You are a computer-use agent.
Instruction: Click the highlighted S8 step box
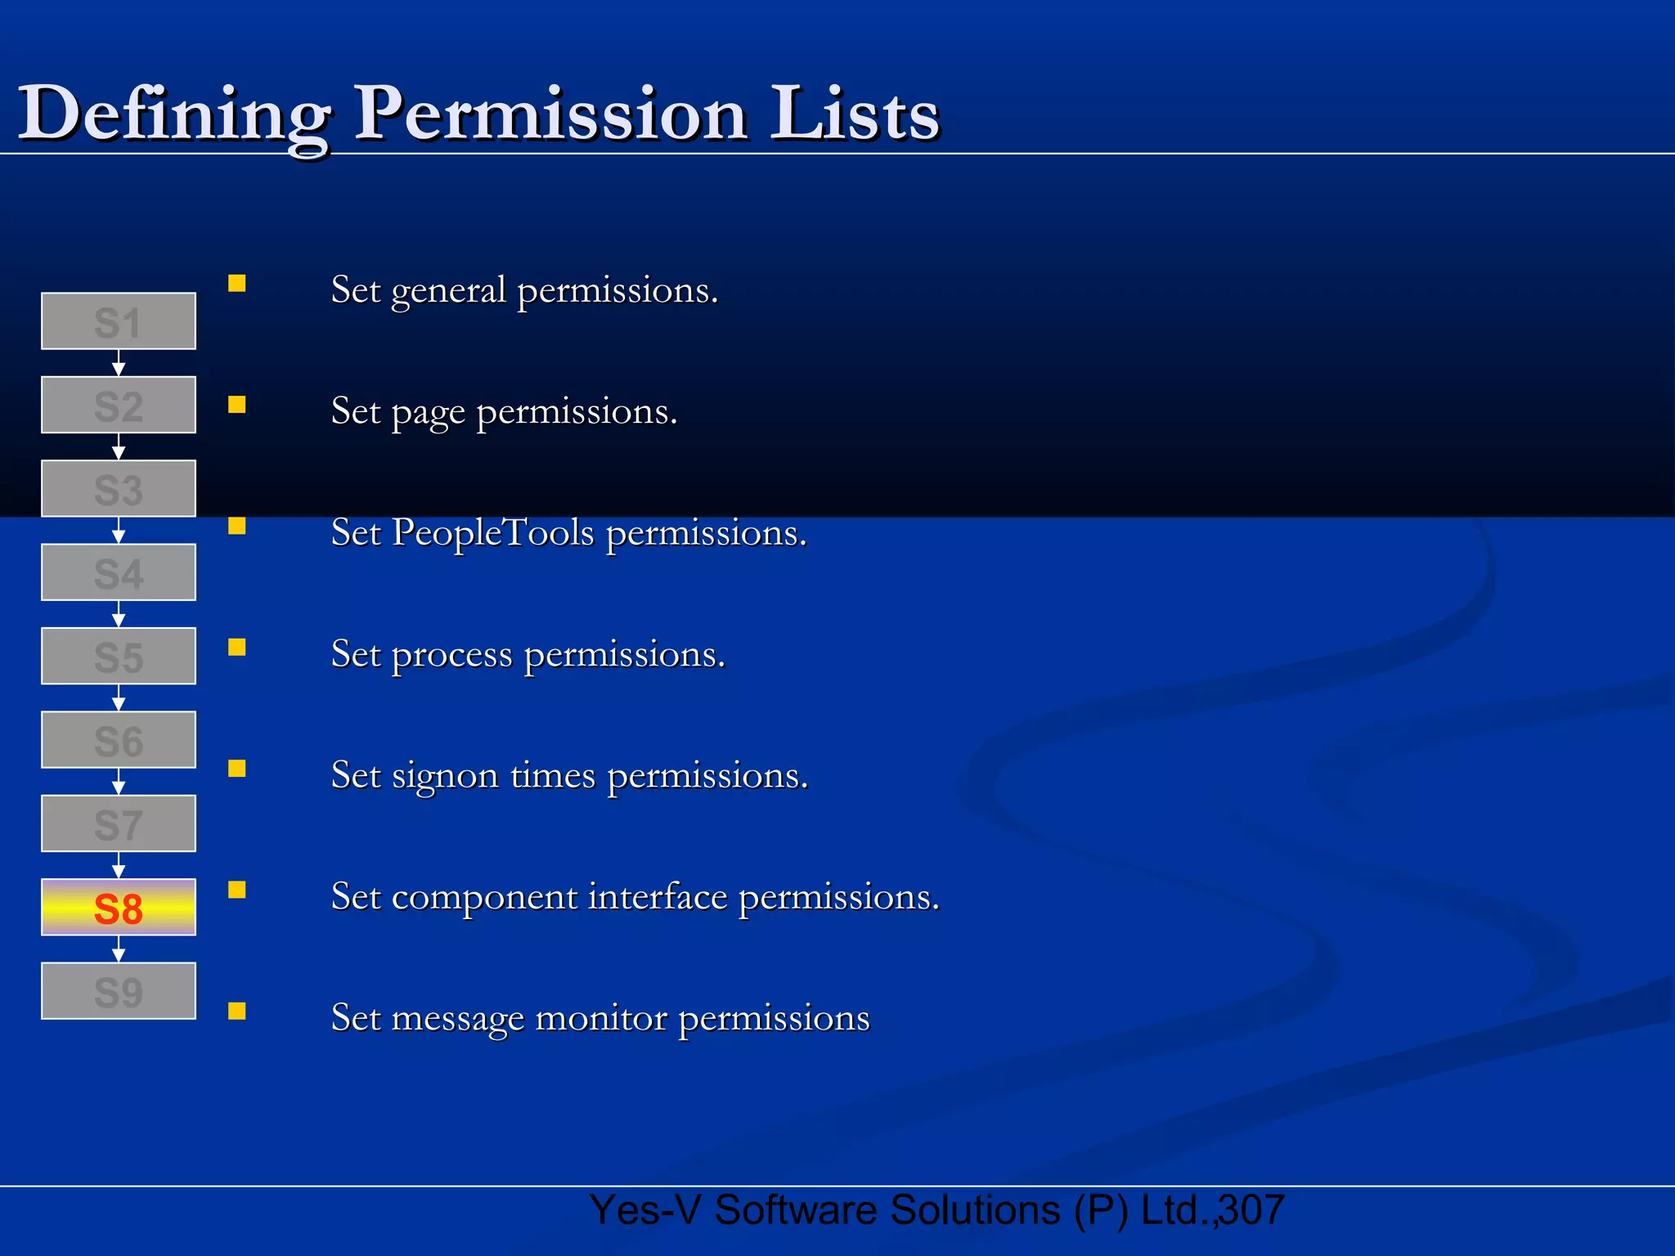(119, 908)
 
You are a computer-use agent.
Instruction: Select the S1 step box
(119, 321)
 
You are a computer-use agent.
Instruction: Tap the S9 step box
(119, 991)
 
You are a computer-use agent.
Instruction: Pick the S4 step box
(119, 572)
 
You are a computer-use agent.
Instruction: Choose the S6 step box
(119, 740)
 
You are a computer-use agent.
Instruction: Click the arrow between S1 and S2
(119, 363)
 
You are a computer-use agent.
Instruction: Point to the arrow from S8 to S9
(119, 949)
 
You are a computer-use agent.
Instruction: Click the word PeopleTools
(493, 532)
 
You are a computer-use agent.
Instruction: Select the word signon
(445, 776)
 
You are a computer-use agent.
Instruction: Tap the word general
(448, 291)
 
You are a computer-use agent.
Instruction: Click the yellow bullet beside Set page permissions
(237, 405)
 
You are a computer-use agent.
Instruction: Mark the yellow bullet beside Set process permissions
(237, 648)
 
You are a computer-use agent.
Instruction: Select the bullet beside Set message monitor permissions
(237, 1012)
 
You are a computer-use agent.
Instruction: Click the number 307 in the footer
(1252, 1210)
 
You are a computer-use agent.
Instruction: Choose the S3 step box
(119, 489)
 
